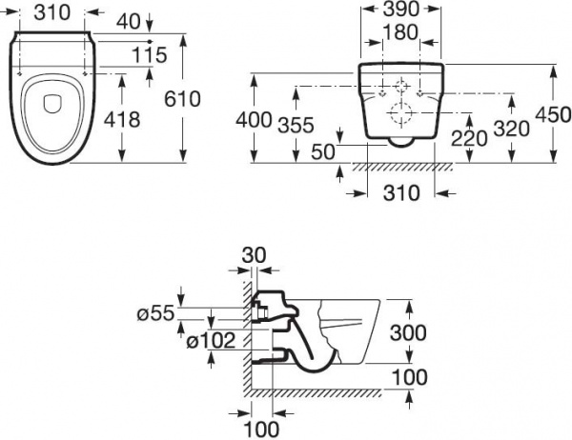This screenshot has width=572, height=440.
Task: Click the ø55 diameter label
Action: point(155,312)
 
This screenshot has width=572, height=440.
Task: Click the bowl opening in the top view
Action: point(50,108)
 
